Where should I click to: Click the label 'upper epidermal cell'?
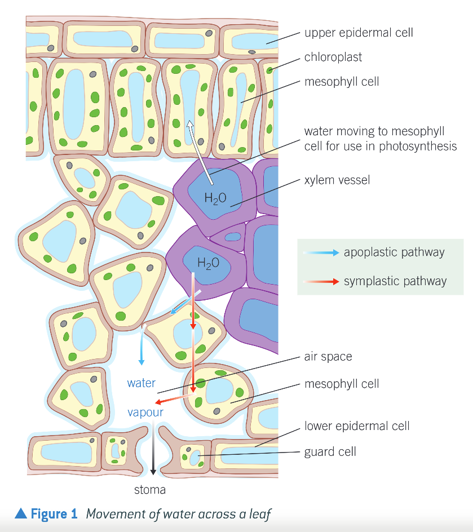coord(359,33)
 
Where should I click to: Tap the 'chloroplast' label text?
coord(333,57)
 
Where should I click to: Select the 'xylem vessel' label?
coord(337,180)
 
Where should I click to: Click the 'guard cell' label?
coord(330,451)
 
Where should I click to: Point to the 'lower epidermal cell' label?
coord(357,425)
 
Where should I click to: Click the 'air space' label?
coord(328,357)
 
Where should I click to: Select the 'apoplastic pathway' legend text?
coord(394,252)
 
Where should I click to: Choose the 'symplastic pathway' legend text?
coord(395,281)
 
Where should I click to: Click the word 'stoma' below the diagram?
coord(150,490)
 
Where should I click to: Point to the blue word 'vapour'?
coord(145,412)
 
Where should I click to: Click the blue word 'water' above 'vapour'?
coord(142,383)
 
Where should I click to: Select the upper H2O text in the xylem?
coord(215,198)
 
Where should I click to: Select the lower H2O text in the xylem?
coord(208,263)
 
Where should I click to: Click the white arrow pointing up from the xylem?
coord(200,152)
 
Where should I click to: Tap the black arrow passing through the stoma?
coord(153,451)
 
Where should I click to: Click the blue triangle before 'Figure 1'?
coord(21,513)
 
